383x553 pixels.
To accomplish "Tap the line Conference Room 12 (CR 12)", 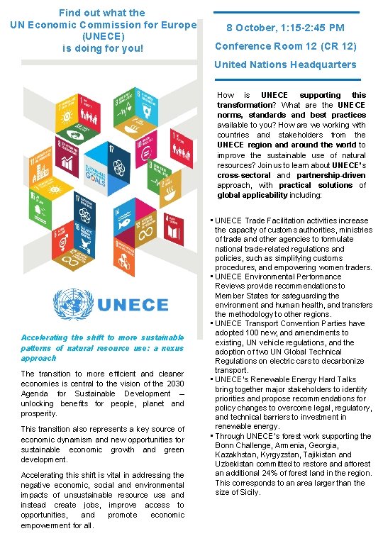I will click(285, 47).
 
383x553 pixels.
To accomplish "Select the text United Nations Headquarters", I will click(285, 65).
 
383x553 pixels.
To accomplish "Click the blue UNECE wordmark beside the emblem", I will click(133, 306).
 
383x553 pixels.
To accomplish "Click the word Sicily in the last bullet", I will click(248, 492).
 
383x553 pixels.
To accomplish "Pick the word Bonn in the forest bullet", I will click(226, 445).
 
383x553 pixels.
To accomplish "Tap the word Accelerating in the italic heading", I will click(43, 337).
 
